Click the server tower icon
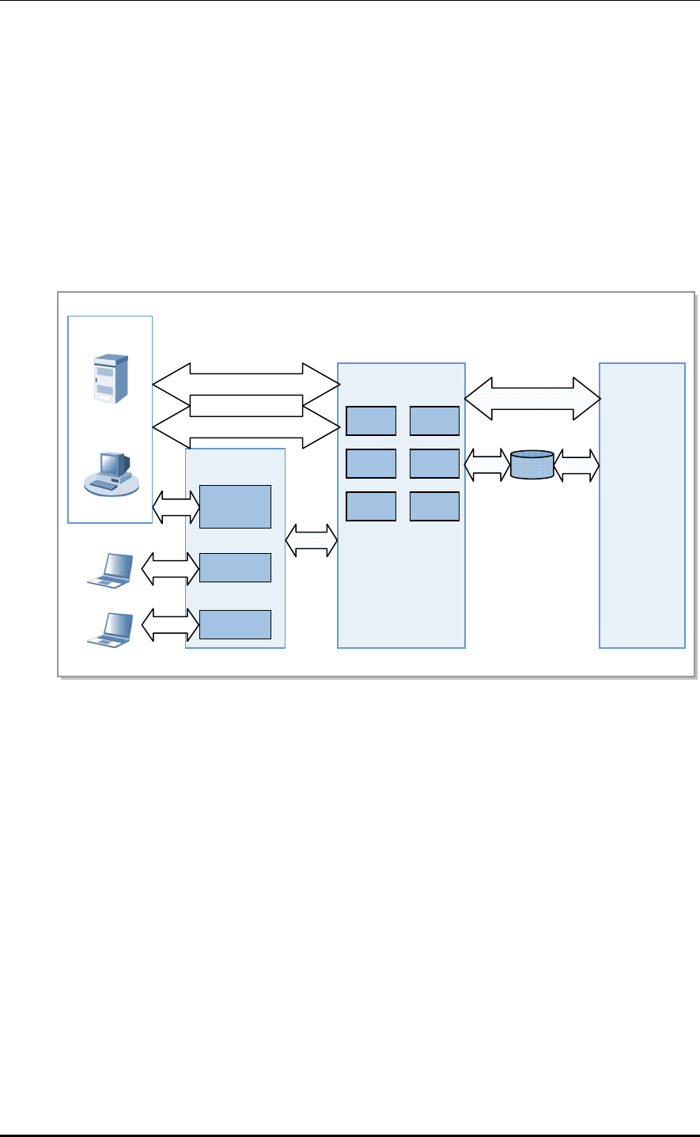(x=112, y=380)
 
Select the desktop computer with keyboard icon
(x=112, y=472)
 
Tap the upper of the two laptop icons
(x=110, y=570)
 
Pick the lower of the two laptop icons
(x=110, y=629)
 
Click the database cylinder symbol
(x=532, y=465)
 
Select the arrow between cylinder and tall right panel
(x=577, y=465)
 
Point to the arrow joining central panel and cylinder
(x=487, y=465)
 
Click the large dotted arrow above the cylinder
(x=532, y=398)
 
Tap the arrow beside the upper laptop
(x=170, y=567)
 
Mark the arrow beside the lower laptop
(x=170, y=624)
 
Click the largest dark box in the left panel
(x=235, y=506)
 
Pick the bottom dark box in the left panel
(x=235, y=624)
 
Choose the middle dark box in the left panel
(x=235, y=567)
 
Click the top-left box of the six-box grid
(x=371, y=421)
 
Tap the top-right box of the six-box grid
(x=434, y=421)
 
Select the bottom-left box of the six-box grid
(x=371, y=506)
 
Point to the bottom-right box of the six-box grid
(x=434, y=506)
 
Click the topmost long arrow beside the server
(x=246, y=384)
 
